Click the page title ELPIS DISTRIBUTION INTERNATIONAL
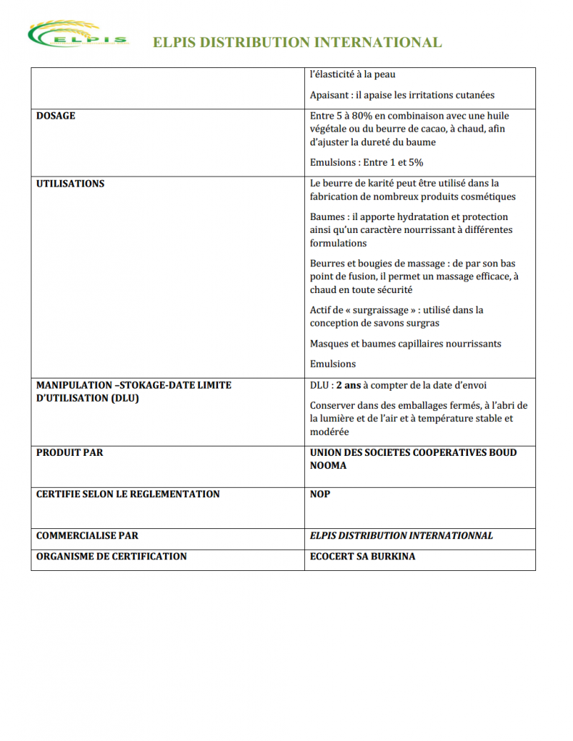[297, 43]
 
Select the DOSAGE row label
[56, 116]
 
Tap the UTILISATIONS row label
[70, 184]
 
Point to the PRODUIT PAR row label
[70, 453]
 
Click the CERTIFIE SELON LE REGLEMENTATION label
[127, 494]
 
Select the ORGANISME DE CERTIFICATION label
[112, 556]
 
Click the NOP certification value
[320, 494]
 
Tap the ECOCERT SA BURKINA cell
[362, 556]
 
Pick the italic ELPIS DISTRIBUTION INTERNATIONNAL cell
[401, 536]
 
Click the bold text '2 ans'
[348, 386]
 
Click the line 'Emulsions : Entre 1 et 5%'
[367, 163]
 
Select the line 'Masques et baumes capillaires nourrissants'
[406, 344]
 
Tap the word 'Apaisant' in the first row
[331, 95]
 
